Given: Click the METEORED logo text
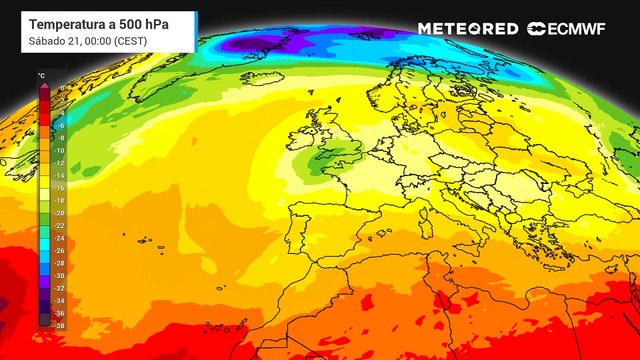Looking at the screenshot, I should pos(468,28).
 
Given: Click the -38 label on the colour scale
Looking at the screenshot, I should pos(59,324).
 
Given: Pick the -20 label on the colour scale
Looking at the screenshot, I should pos(59,213).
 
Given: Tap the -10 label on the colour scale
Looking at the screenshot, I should pos(59,151).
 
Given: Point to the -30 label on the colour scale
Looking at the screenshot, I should pos(59,275).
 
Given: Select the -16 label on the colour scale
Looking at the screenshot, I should pos(59,188).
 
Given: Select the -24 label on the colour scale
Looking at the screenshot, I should pos(59,238).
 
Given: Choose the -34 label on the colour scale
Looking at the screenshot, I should pos(59,300).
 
